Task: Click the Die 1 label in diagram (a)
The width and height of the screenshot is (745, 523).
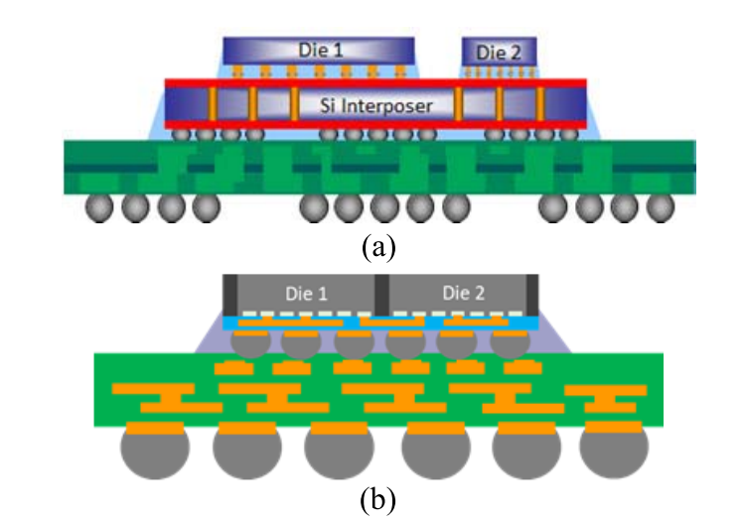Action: click(321, 51)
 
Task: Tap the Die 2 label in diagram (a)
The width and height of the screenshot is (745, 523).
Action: click(499, 53)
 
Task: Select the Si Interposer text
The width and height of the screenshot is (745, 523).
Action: click(375, 105)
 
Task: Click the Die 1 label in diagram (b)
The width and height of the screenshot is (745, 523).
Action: click(307, 294)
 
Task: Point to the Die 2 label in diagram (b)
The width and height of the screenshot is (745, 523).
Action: click(464, 294)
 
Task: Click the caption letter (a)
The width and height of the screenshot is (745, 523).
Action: click(378, 247)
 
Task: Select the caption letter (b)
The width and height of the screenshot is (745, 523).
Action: click(377, 500)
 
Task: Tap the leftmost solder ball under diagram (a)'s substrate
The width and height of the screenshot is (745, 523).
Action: click(99, 207)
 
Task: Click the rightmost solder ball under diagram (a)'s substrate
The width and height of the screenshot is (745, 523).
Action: click(661, 207)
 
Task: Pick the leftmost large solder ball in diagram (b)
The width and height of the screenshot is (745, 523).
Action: click(155, 450)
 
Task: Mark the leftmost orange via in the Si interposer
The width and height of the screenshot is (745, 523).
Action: click(213, 104)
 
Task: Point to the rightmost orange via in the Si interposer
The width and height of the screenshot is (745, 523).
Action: click(539, 104)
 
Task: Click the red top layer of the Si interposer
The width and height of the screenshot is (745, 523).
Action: click(375, 84)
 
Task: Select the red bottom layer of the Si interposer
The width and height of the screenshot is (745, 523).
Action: click(375, 125)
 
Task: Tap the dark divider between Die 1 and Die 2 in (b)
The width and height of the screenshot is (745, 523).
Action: click(382, 295)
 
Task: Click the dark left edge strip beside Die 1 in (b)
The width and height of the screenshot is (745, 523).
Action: click(230, 295)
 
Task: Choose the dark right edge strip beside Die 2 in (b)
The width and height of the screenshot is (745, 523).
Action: click(532, 295)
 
